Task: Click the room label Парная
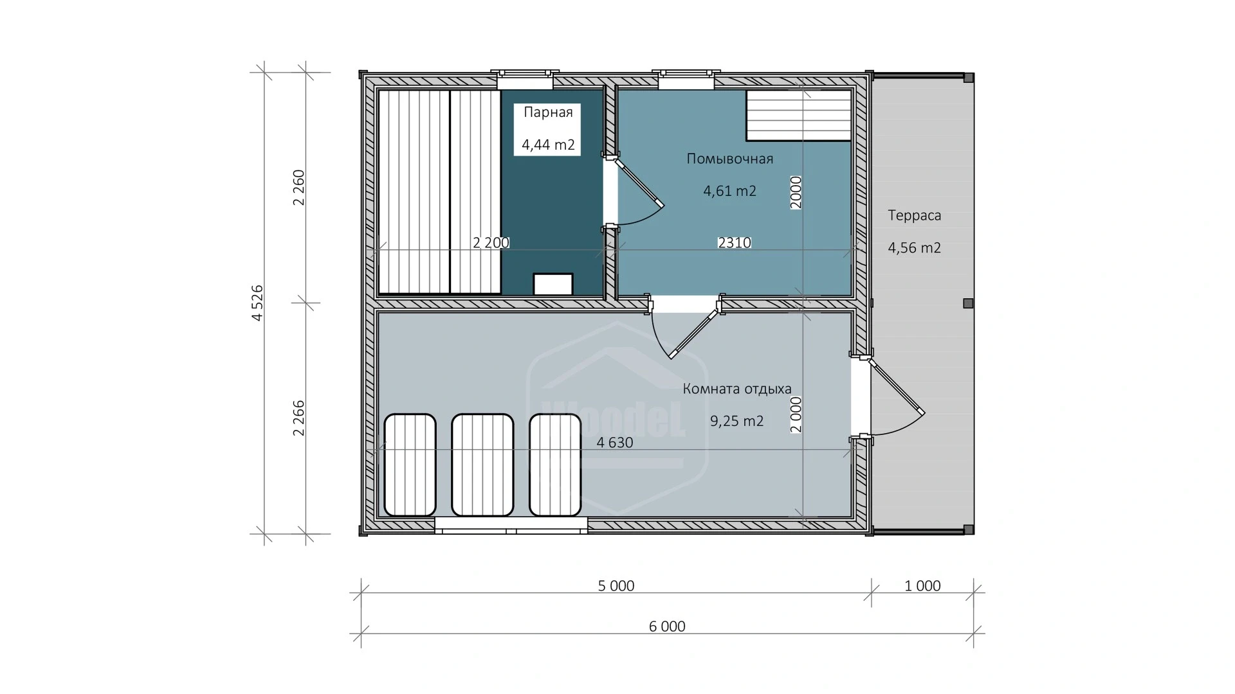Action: (548, 113)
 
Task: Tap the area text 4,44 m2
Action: (548, 145)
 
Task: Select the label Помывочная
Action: (730, 159)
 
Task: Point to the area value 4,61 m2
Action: (730, 191)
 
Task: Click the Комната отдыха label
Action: (737, 389)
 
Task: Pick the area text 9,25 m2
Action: (737, 422)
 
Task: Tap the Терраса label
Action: (915, 216)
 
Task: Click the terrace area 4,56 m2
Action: (915, 248)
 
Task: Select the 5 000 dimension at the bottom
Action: (616, 586)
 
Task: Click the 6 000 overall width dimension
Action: (668, 627)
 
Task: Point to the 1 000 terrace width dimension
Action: (923, 586)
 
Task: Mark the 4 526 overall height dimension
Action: (257, 303)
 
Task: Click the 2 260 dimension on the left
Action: (298, 188)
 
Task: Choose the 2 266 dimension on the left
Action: (298, 418)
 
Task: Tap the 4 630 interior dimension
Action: (615, 443)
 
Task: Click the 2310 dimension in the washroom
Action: (735, 243)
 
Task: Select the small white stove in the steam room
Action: (553, 284)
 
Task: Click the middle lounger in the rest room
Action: (482, 465)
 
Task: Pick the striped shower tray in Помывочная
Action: (799, 115)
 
